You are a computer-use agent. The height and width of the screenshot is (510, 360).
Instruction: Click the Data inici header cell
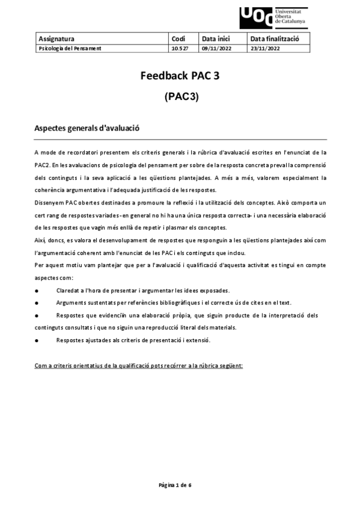216,38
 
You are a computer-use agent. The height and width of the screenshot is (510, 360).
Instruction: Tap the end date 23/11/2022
265,48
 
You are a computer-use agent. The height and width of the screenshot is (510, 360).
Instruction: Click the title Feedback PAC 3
180,76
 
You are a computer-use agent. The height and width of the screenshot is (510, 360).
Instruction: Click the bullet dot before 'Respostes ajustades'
37,340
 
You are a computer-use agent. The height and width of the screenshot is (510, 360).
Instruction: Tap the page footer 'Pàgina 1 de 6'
175,484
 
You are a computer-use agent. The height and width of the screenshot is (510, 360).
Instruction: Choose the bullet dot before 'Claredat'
37,290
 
